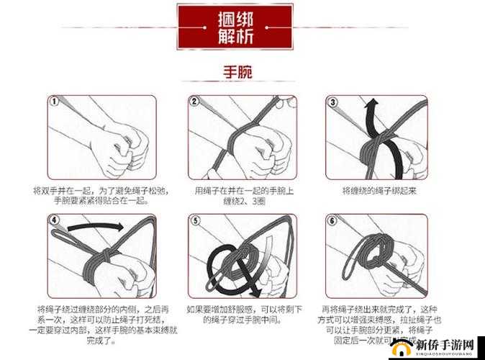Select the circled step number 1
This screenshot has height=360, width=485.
tap(55, 102)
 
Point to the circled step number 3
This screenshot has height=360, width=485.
tap(333, 102)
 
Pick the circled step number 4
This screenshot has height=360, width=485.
tap(55, 220)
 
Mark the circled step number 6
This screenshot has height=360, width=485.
tap(333, 220)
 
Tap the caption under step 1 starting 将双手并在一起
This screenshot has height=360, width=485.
tap(100, 196)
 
